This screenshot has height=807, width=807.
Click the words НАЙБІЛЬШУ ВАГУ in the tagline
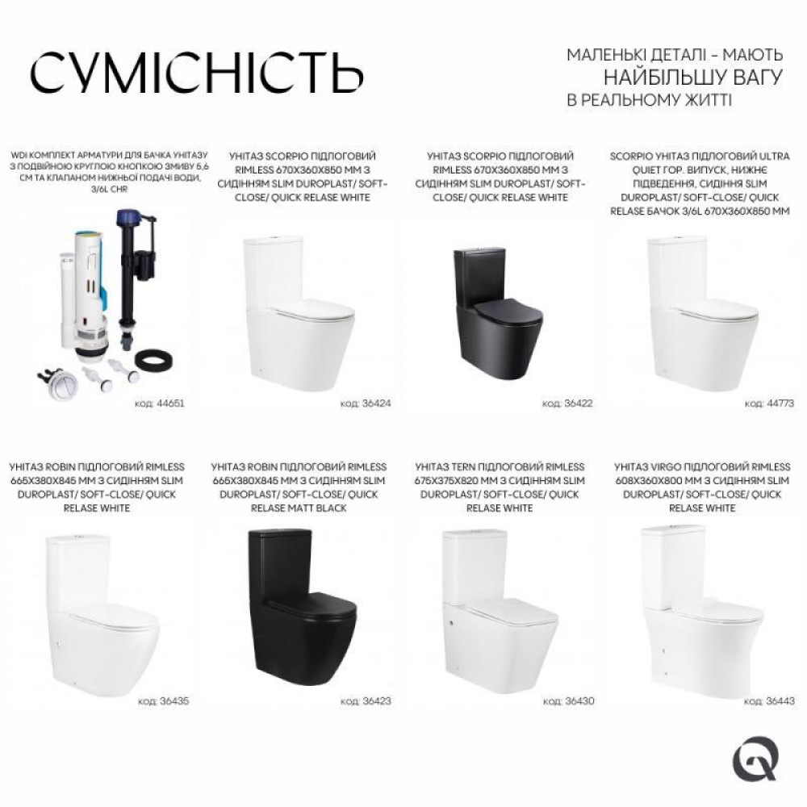click(694, 78)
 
